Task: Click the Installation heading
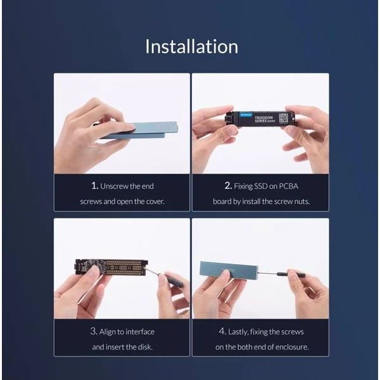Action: [191, 46]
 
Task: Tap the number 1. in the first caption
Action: [95, 186]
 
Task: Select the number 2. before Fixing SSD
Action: [228, 186]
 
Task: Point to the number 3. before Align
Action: [94, 331]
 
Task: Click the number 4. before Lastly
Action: [222, 331]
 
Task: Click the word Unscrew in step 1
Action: [114, 186]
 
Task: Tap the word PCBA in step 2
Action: [288, 186]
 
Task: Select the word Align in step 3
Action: [108, 332]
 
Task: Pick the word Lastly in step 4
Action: [238, 332]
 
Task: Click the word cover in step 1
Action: [155, 201]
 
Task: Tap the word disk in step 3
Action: [145, 347]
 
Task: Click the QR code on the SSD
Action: [283, 118]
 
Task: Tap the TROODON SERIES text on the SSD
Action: [264, 119]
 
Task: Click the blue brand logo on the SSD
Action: [246, 115]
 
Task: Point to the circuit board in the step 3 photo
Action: [111, 267]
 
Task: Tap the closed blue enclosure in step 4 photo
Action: [229, 270]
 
